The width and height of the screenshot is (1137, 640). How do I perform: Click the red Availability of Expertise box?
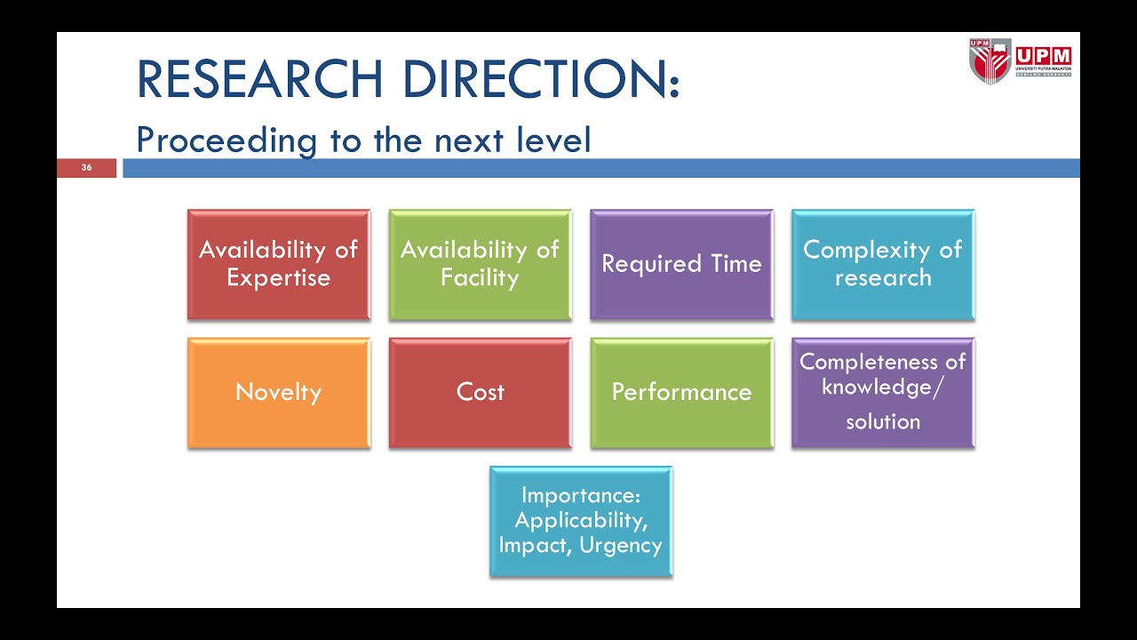click(x=278, y=264)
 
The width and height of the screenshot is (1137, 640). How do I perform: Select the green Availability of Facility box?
click(x=480, y=264)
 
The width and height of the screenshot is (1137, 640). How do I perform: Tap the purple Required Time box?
click(x=681, y=264)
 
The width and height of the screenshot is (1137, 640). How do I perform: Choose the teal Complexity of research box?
click(x=882, y=264)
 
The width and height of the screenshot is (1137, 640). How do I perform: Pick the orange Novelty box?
click(x=278, y=392)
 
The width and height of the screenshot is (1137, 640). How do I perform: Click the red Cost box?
click(x=480, y=392)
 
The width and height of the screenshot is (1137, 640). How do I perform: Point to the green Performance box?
click(x=681, y=392)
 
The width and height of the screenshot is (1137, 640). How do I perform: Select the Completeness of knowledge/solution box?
click(x=882, y=392)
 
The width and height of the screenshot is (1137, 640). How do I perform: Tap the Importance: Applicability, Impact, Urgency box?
click(x=581, y=521)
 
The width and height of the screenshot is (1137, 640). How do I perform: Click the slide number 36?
click(x=86, y=168)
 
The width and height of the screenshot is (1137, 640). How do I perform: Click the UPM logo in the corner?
click(x=1020, y=60)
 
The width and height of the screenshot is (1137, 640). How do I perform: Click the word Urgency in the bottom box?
click(x=621, y=545)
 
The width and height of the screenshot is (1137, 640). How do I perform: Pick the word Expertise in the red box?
click(x=278, y=277)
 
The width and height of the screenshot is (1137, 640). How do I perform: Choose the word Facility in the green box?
click(x=480, y=277)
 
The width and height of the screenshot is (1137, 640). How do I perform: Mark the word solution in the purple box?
click(x=882, y=421)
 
